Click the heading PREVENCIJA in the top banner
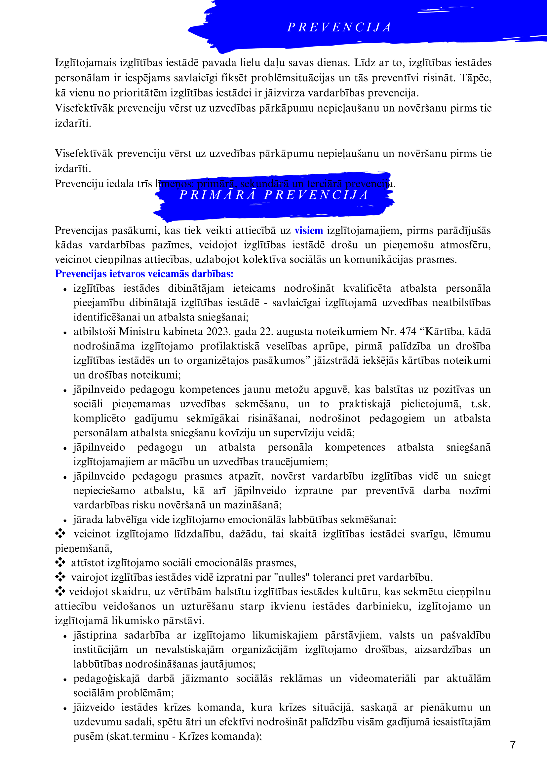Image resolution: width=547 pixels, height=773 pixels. click(339, 28)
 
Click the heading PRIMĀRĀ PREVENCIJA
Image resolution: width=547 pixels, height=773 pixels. click(274, 195)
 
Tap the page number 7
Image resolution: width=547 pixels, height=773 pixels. click(513, 744)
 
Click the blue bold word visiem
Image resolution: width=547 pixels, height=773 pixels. click(308, 231)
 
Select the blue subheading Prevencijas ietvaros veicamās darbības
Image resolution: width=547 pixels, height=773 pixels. click(144, 274)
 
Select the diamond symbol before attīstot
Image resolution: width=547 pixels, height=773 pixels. click(60, 562)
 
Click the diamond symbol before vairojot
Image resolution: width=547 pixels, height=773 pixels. click(60, 577)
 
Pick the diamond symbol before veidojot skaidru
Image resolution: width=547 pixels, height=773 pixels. click(60, 591)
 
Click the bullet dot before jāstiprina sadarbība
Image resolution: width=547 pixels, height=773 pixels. click(65, 636)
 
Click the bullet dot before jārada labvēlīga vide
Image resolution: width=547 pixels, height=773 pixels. click(65, 521)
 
